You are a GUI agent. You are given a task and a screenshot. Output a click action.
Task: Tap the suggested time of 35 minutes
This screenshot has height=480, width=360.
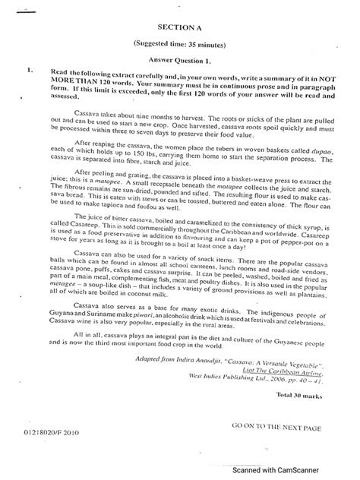[x=181, y=45]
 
